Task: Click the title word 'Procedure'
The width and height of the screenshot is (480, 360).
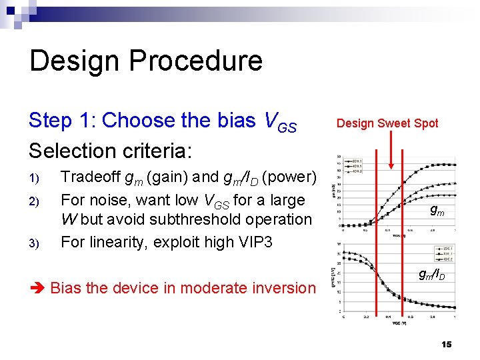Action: [199, 61]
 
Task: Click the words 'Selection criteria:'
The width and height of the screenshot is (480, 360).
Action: [111, 150]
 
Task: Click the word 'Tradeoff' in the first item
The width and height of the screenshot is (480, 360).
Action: [88, 177]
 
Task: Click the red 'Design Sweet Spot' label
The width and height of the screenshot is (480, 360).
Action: [387, 123]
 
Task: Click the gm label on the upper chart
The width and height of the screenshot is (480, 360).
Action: [437, 211]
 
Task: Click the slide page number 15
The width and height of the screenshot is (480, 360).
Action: [446, 344]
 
